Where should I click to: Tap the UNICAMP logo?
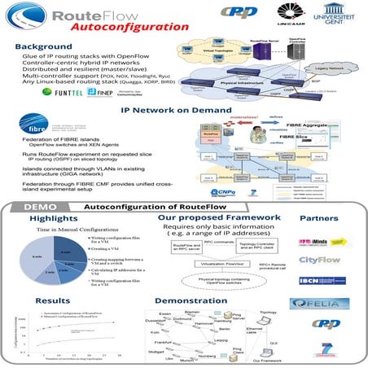coord(292,16)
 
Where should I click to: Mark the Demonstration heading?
coord(189,300)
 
